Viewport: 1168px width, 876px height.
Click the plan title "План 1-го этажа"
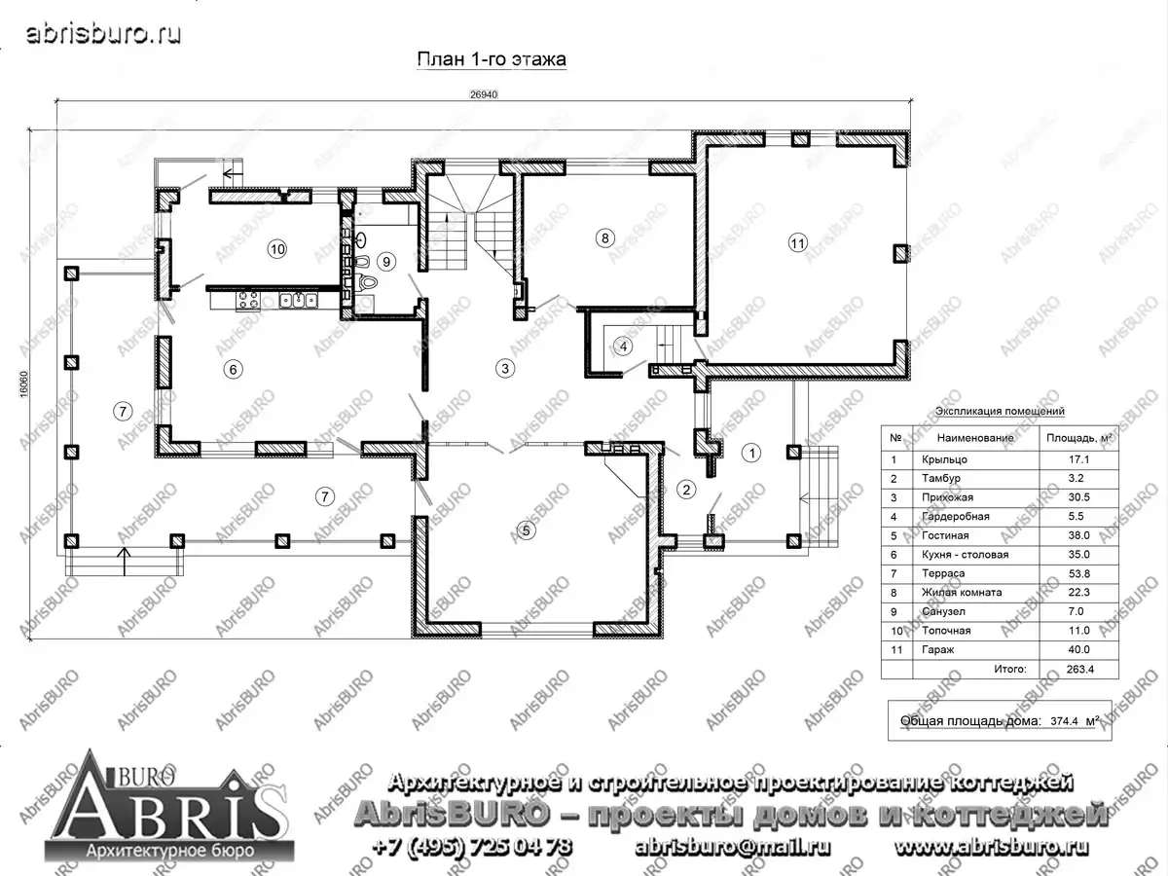click(492, 59)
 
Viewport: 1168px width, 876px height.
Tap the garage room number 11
click(797, 243)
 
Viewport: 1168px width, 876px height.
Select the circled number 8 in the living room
click(604, 237)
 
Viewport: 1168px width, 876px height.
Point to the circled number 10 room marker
click(276, 249)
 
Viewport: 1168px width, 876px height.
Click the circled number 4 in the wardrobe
click(623, 347)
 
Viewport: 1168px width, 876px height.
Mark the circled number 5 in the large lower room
click(526, 530)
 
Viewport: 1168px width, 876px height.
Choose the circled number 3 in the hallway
click(504, 368)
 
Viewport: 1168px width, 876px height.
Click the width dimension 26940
click(484, 94)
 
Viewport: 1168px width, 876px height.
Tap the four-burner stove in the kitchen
click(248, 301)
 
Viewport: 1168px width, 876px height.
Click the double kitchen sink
click(299, 300)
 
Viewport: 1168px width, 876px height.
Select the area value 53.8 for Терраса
click(1078, 573)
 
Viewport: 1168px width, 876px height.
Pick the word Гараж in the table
click(938, 650)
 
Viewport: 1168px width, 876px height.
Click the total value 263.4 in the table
click(1079, 669)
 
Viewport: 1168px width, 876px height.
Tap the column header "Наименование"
click(975, 438)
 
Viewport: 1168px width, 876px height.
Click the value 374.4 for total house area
click(1064, 721)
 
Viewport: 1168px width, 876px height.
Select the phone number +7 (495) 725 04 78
click(472, 847)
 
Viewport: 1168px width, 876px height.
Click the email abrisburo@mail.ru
click(733, 847)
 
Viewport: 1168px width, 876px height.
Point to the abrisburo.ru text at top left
click(104, 34)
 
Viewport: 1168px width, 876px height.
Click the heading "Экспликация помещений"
click(1000, 411)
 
